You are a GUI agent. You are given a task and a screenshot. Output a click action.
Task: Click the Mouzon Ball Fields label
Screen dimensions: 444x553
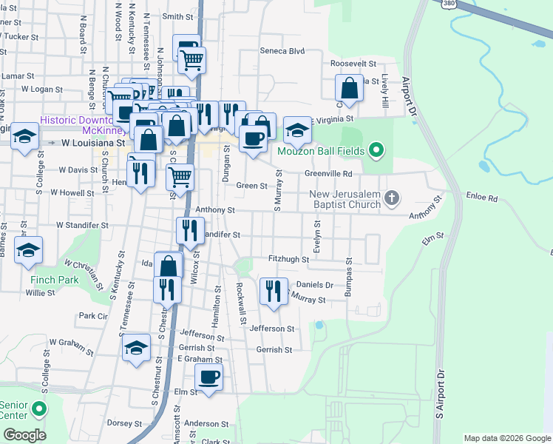pos(322,152)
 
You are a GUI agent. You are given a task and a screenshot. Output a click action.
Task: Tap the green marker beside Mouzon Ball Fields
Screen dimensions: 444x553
pos(376,152)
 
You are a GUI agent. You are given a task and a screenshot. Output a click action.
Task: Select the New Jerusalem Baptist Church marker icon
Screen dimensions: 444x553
pos(392,198)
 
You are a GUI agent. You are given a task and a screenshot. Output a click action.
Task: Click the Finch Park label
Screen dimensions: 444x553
pos(55,280)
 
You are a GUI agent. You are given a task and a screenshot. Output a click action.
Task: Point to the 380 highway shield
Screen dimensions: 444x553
pos(449,4)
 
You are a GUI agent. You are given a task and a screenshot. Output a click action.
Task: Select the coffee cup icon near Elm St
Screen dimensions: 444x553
pos(209,377)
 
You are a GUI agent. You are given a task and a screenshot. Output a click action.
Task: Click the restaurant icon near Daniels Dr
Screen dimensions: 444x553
pos(274,289)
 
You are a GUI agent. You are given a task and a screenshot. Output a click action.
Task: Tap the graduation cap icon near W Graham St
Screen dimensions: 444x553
pos(136,348)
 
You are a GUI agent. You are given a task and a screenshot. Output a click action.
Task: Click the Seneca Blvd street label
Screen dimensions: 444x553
pos(282,51)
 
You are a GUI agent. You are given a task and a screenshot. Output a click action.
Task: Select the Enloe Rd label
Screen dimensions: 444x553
pos(483,198)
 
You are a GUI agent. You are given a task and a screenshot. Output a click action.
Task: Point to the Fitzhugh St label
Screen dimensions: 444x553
pos(289,259)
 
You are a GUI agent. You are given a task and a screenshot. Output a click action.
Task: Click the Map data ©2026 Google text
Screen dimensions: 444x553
pos(506,438)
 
